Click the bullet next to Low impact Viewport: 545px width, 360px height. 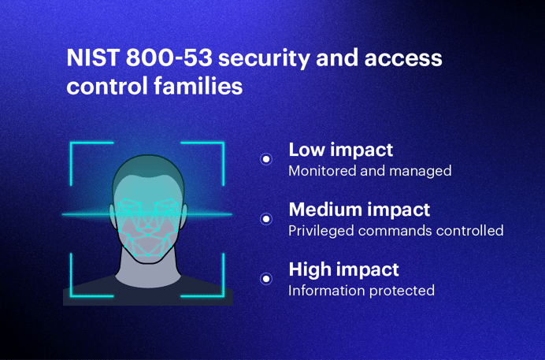point(266,159)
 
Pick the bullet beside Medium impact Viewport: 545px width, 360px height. point(266,219)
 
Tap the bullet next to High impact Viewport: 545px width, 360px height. point(266,278)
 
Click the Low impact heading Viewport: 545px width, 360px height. point(340,150)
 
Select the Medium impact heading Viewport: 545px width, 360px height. point(359,210)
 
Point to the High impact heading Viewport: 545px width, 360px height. point(343,269)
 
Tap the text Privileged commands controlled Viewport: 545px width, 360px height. point(395,231)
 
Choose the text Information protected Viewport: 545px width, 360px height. point(361,291)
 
